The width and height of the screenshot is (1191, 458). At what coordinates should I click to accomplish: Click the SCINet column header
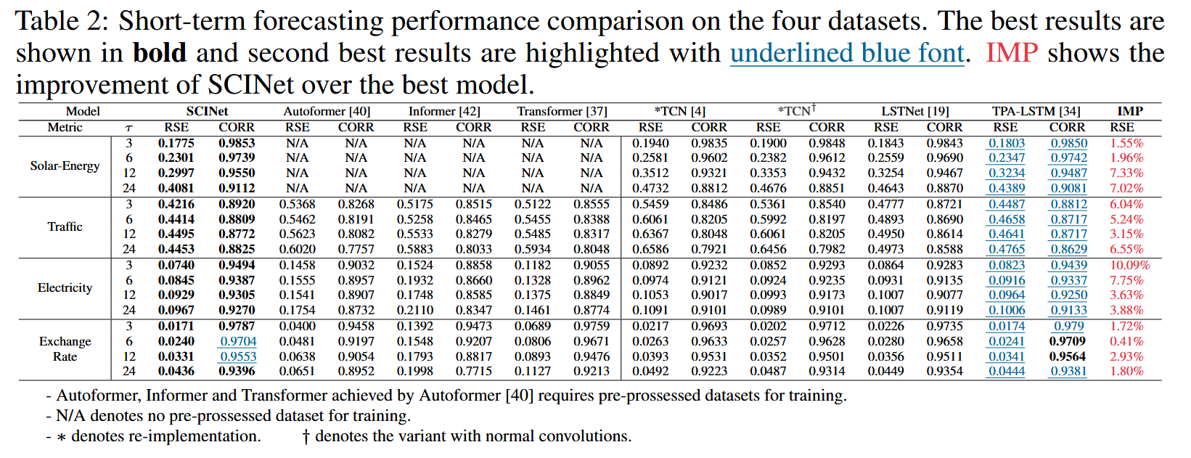pyautogui.click(x=207, y=111)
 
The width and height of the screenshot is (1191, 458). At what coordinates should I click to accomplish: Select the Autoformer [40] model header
pyautogui.click(x=327, y=111)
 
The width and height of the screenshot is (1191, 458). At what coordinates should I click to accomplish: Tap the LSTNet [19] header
pyautogui.click(x=914, y=111)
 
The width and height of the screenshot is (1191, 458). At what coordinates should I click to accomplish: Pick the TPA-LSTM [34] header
pyautogui.click(x=1036, y=111)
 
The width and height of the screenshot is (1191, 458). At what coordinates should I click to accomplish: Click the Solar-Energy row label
pyautogui.click(x=65, y=165)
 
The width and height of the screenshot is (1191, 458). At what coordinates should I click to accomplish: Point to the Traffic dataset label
pyautogui.click(x=65, y=226)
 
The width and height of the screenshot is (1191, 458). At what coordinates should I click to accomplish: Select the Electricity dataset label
pyautogui.click(x=65, y=287)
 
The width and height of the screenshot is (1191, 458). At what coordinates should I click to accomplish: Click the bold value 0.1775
pyautogui.click(x=176, y=143)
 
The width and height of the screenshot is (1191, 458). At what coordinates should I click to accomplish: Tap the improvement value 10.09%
pyautogui.click(x=1130, y=265)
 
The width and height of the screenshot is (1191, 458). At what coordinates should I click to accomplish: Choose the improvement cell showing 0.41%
pyautogui.click(x=1126, y=341)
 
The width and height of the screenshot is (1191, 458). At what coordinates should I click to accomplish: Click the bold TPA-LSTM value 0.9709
pyautogui.click(x=1068, y=341)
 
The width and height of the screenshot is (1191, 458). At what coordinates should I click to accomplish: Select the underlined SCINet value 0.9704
pyautogui.click(x=237, y=341)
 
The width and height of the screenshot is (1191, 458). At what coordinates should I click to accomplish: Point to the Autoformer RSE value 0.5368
pyautogui.click(x=297, y=204)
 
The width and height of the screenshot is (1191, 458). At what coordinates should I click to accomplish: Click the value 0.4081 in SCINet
pyautogui.click(x=176, y=188)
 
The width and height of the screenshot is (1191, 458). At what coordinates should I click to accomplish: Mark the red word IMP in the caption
pyautogui.click(x=1011, y=53)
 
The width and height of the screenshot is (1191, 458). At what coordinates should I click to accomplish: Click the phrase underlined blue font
pyautogui.click(x=847, y=53)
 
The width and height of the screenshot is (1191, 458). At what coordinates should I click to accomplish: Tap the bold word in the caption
pyautogui.click(x=160, y=53)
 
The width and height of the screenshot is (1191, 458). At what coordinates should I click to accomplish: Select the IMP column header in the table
pyautogui.click(x=1129, y=111)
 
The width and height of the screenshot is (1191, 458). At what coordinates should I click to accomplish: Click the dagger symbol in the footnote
pyautogui.click(x=306, y=436)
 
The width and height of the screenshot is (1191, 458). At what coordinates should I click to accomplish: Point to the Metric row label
pyautogui.click(x=65, y=127)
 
